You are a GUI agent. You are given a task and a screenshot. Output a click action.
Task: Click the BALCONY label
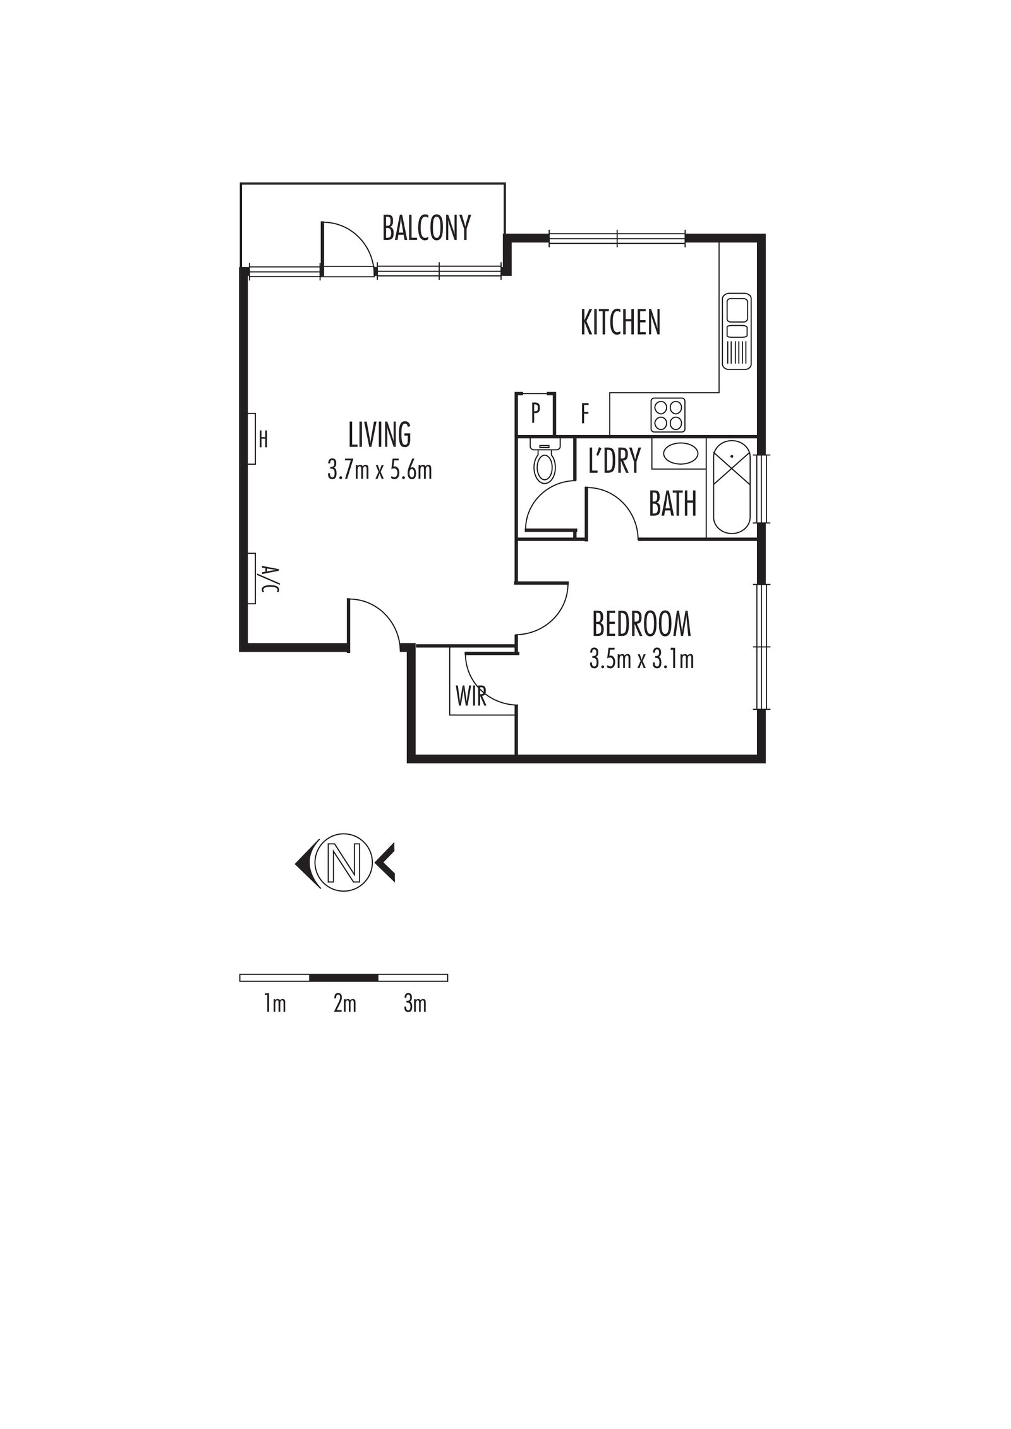click(427, 228)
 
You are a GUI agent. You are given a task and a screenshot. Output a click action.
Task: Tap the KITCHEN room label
click(620, 323)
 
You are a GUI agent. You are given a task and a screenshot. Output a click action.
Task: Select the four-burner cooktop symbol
click(667, 416)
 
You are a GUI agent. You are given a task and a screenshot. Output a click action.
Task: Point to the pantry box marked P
click(535, 414)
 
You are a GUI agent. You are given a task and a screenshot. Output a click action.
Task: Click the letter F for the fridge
click(585, 415)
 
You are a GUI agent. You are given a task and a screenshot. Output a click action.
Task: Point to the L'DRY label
click(614, 461)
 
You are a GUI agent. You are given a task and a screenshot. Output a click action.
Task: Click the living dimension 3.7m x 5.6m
click(379, 470)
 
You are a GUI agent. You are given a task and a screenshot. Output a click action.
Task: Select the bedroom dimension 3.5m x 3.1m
click(641, 660)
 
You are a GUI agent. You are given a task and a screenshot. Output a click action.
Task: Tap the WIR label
click(471, 698)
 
